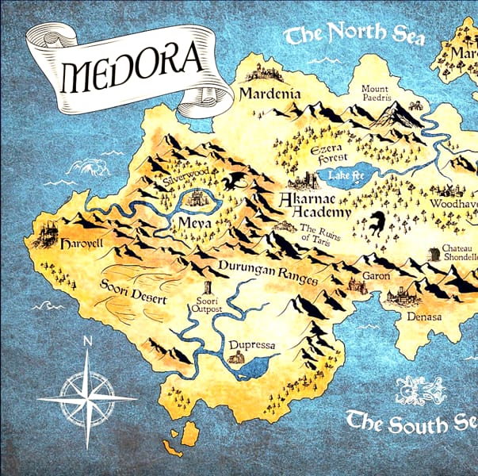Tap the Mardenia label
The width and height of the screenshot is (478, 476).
[x=270, y=94]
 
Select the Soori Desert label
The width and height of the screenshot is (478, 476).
[x=133, y=292]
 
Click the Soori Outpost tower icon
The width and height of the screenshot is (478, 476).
[x=208, y=288]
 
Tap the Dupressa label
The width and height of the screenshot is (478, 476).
[x=251, y=347]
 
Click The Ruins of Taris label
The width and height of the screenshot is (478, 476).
[x=323, y=235]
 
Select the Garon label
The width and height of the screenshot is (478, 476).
[x=376, y=277]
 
